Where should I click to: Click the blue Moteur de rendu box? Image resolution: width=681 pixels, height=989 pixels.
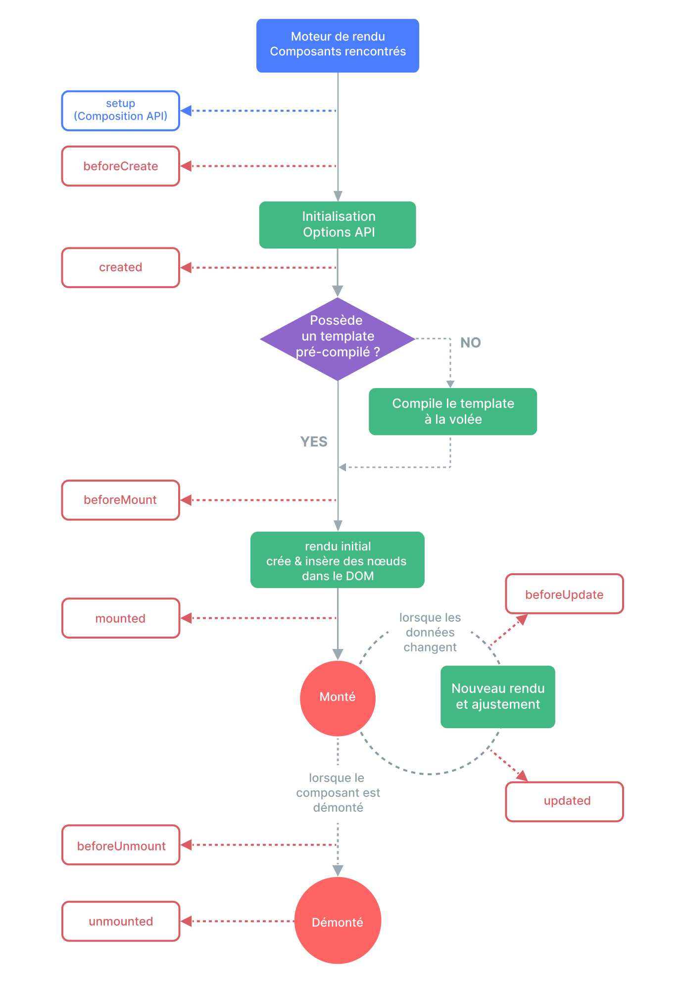click(338, 46)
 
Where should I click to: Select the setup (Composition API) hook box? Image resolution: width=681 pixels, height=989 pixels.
click(120, 110)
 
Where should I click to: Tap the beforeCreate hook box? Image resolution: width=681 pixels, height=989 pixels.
click(120, 166)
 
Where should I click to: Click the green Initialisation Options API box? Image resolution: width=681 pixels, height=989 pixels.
click(338, 225)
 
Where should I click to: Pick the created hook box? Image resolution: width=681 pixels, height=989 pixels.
click(120, 267)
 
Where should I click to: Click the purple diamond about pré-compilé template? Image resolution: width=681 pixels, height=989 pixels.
click(338, 339)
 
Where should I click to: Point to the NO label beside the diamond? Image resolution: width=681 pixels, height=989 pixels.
click(470, 343)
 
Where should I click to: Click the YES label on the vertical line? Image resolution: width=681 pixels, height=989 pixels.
click(314, 442)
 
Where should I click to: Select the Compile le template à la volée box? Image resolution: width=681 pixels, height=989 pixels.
click(453, 411)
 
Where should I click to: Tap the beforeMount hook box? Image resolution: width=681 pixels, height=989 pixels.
click(120, 500)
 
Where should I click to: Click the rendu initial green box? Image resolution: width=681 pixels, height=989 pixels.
click(338, 560)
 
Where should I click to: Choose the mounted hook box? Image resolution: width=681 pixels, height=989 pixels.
click(120, 618)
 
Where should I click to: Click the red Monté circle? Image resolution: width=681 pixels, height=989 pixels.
click(338, 697)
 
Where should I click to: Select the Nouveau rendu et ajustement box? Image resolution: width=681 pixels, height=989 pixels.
click(497, 696)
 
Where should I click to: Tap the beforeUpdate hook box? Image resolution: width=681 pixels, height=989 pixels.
click(564, 594)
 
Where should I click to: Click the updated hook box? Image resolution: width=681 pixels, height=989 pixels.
click(564, 801)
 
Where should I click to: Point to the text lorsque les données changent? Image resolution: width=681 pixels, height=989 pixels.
click(430, 632)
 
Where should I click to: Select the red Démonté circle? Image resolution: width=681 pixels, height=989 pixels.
click(338, 921)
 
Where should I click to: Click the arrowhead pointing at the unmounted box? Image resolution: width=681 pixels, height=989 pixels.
click(186, 921)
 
